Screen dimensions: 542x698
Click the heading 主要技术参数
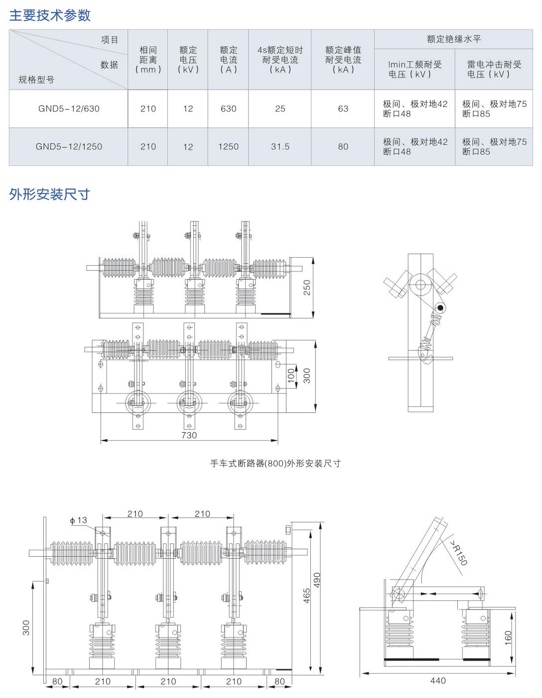(x=50, y=15)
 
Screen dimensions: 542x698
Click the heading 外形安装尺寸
(x=49, y=195)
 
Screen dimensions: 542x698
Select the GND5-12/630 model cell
(x=69, y=108)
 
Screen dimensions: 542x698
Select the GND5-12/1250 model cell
(x=69, y=147)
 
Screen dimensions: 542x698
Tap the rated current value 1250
(x=228, y=147)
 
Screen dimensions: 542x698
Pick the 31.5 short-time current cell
(x=280, y=147)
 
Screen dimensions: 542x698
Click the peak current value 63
(x=343, y=108)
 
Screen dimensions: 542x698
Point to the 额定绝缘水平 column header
(x=454, y=39)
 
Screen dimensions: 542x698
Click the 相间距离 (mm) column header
(x=148, y=60)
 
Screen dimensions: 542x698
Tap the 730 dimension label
(x=189, y=435)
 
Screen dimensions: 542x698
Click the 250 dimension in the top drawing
(x=307, y=288)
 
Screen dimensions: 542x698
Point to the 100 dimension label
(x=291, y=376)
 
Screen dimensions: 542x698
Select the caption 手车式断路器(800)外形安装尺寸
(x=275, y=463)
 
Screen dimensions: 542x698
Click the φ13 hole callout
(x=79, y=520)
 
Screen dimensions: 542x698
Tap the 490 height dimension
(x=317, y=580)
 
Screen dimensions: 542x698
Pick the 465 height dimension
(x=307, y=596)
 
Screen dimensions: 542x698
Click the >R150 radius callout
(x=458, y=553)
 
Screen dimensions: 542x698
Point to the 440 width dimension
(x=438, y=680)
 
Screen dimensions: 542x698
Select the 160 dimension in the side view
(x=508, y=638)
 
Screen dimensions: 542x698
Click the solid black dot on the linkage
(x=440, y=308)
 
